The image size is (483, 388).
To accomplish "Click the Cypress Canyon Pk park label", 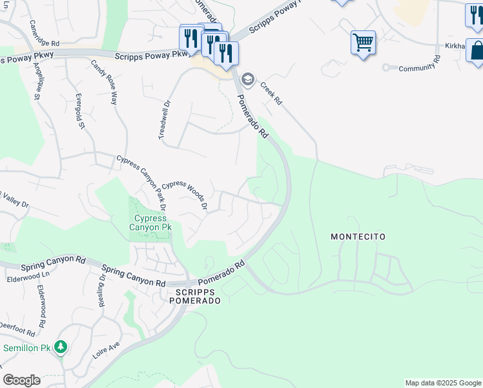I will coord(150,222).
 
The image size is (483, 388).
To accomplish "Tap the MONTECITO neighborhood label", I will coord(358,237).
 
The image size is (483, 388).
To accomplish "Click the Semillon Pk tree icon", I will coord(61,348).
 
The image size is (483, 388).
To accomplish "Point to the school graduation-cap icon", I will coord(247,79).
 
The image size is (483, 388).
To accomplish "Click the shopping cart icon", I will coord(363,43).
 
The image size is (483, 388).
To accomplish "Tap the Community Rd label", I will coord(419,67).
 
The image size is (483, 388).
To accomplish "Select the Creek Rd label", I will coord(271,93).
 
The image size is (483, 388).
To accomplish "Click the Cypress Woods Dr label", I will coord(184,195).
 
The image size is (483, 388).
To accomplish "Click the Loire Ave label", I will coord(107,350).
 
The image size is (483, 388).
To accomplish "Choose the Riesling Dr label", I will coord(103,292).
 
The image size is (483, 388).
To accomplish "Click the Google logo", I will coord(21,380).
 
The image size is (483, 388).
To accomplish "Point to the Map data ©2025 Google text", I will coord(442,383).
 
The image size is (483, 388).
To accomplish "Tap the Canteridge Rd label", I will coord(44,32).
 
